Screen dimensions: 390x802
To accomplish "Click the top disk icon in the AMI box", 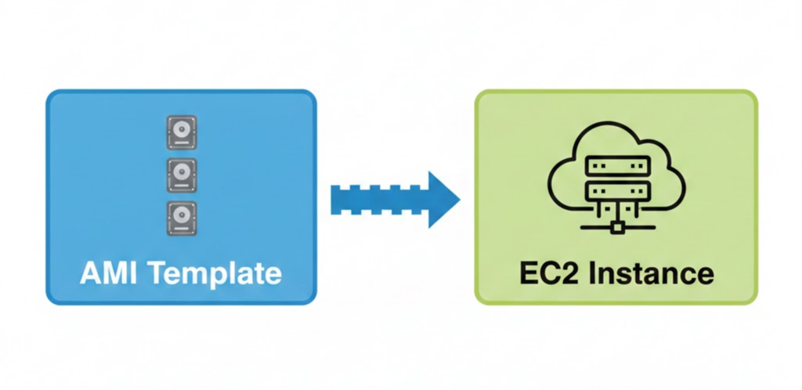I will pyautogui.click(x=181, y=132).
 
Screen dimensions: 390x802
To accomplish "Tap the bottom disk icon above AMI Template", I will pyautogui.click(x=181, y=218).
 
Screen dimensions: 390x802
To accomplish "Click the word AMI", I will pyautogui.click(x=110, y=273).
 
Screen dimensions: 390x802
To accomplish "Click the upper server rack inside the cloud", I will pyautogui.click(x=616, y=166).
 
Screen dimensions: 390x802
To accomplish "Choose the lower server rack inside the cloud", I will pyautogui.click(x=616, y=190).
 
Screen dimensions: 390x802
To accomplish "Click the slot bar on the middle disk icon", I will pyautogui.click(x=180, y=186).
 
